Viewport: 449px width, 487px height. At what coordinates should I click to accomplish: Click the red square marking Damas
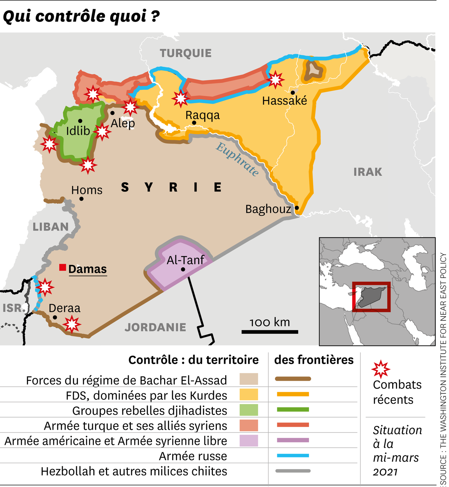63,267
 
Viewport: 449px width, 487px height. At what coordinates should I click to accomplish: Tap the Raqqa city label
202,115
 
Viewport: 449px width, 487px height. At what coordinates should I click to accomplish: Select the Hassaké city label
284,101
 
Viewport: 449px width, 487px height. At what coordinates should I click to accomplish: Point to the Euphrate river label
237,159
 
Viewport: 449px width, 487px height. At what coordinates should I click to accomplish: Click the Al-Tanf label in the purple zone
185,260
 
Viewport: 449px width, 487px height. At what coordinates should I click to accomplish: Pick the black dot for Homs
81,199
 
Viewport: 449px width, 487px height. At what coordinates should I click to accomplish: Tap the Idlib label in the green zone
78,131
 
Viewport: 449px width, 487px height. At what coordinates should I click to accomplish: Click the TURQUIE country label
186,53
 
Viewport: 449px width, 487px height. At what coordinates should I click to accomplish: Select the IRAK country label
368,172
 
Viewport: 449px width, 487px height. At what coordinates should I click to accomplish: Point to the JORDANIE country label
155,327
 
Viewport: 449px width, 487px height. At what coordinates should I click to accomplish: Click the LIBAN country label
51,227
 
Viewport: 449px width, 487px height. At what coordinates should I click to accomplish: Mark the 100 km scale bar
269,332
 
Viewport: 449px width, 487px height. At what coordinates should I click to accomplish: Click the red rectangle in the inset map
371,296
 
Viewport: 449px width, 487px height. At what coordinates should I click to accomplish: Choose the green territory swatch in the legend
249,409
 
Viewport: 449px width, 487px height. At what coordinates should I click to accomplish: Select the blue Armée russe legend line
293,455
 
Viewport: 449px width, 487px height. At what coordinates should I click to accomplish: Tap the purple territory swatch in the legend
249,440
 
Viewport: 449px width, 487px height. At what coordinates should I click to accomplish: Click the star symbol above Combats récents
381,369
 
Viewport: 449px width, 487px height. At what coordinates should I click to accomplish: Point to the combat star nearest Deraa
72,324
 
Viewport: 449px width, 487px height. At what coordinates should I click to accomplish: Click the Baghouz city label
268,209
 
